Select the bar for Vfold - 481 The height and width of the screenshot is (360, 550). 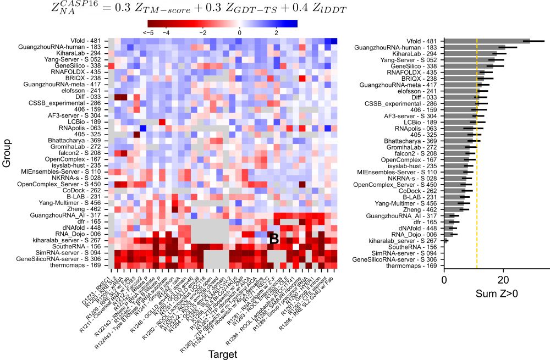pyautogui.click(x=487, y=41)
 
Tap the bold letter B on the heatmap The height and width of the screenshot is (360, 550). pyautogui.click(x=273, y=238)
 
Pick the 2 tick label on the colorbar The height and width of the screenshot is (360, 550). pyautogui.click(x=277, y=33)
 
